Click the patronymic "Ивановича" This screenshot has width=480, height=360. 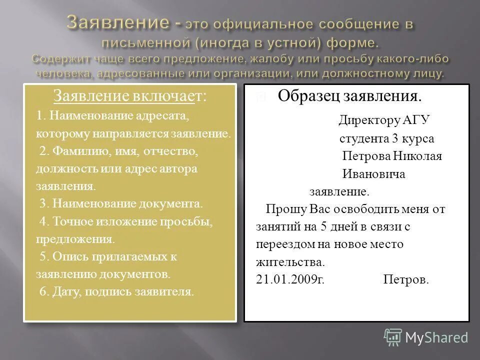[x=373, y=174]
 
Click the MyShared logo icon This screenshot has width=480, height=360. [x=393, y=337]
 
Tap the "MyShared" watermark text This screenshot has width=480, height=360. [x=436, y=338]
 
